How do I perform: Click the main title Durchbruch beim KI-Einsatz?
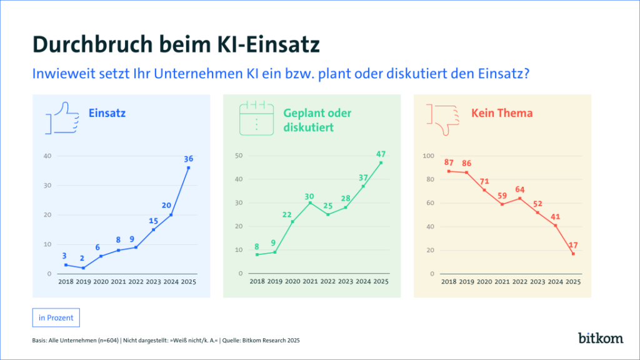tap(176, 45)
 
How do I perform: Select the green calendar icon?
tap(256, 117)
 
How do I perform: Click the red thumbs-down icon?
tap(442, 117)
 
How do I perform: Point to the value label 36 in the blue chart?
tap(188, 159)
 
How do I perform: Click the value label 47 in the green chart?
tap(381, 154)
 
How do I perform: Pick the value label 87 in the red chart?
tap(449, 162)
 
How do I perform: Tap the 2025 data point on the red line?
tap(573, 254)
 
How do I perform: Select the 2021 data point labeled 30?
tap(310, 202)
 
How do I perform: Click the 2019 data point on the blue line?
tap(83, 268)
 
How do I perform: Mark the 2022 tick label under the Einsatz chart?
tap(136, 282)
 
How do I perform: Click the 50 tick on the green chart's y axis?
tap(238, 156)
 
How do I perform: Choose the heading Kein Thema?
tap(493, 113)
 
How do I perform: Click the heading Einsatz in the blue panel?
tap(107, 113)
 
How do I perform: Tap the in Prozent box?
tap(56, 317)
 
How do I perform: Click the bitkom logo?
tap(600, 338)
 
